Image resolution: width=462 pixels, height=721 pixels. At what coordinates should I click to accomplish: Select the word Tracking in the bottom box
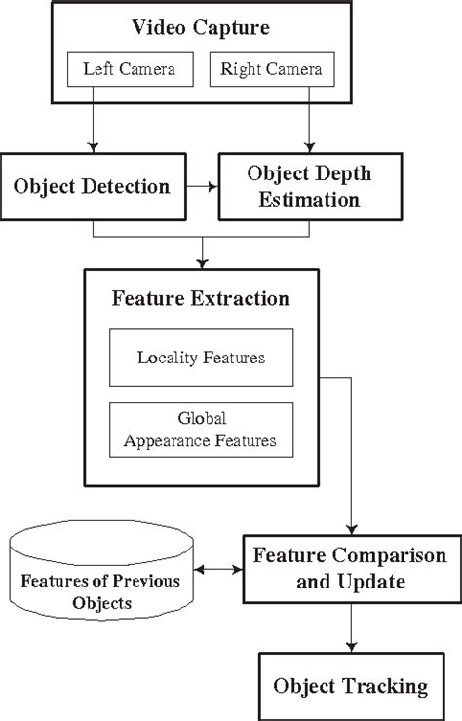[x=387, y=687]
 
